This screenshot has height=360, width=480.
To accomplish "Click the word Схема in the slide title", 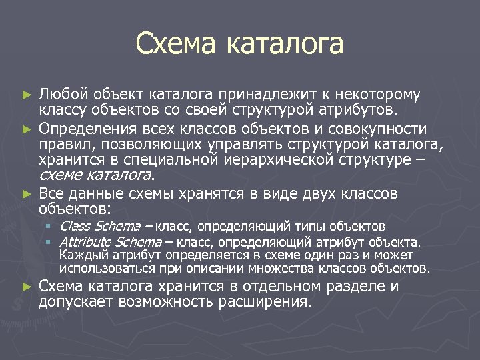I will tap(177, 44).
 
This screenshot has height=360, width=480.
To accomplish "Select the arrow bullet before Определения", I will tap(27, 127).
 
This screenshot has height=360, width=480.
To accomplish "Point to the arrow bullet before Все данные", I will tap(27, 194).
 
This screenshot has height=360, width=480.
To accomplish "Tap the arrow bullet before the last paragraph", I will tap(27, 287).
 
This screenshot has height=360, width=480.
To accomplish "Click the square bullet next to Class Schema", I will tap(49, 227).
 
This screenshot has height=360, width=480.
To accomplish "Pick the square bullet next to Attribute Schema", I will tap(49, 241).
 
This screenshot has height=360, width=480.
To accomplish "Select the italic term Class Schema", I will tap(100, 227).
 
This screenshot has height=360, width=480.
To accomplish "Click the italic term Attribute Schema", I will tap(111, 241).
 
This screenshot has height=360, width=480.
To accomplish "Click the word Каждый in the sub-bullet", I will tap(80, 255).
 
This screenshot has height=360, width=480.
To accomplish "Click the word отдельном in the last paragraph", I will tap(287, 287).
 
